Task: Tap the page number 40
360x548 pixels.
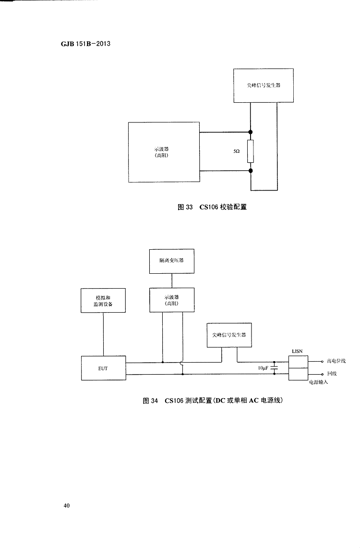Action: (66, 505)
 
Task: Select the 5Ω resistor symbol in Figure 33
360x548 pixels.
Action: (251, 151)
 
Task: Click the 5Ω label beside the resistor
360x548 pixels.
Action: (236, 151)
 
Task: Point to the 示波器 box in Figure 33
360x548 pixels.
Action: (164, 152)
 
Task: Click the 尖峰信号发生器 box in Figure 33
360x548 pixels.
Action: (263, 85)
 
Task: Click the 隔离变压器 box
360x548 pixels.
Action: (171, 261)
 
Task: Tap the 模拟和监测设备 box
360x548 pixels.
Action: (103, 300)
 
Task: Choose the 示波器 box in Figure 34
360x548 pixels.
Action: (171, 300)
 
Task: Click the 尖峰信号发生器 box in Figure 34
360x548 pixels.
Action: (229, 335)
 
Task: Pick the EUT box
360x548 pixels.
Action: (103, 368)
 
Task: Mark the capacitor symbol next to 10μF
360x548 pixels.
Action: (275, 368)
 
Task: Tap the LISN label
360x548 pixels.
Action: (297, 351)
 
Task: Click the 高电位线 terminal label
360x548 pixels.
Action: (336, 361)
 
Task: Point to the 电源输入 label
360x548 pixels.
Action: (317, 382)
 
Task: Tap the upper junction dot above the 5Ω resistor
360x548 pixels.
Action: (251, 132)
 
